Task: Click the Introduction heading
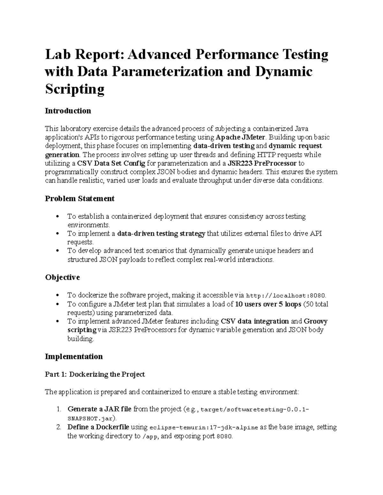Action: pyautogui.click(x=68, y=111)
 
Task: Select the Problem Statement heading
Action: pyautogui.click(x=79, y=199)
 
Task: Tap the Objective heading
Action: pyautogui.click(x=62, y=277)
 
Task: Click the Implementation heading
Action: pyautogui.click(x=74, y=356)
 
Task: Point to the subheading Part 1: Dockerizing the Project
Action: pyautogui.click(x=95, y=374)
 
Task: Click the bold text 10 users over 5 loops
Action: pyautogui.click(x=268, y=304)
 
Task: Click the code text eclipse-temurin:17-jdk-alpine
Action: pyautogui.click(x=204, y=428)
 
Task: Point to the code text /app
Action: pyautogui.click(x=150, y=437)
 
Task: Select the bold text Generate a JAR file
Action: pyautogui.click(x=99, y=409)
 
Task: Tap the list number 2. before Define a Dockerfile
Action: pyautogui.click(x=58, y=427)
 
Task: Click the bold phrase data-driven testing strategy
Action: pyautogui.click(x=161, y=234)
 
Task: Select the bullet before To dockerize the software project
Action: pyautogui.click(x=57, y=295)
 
